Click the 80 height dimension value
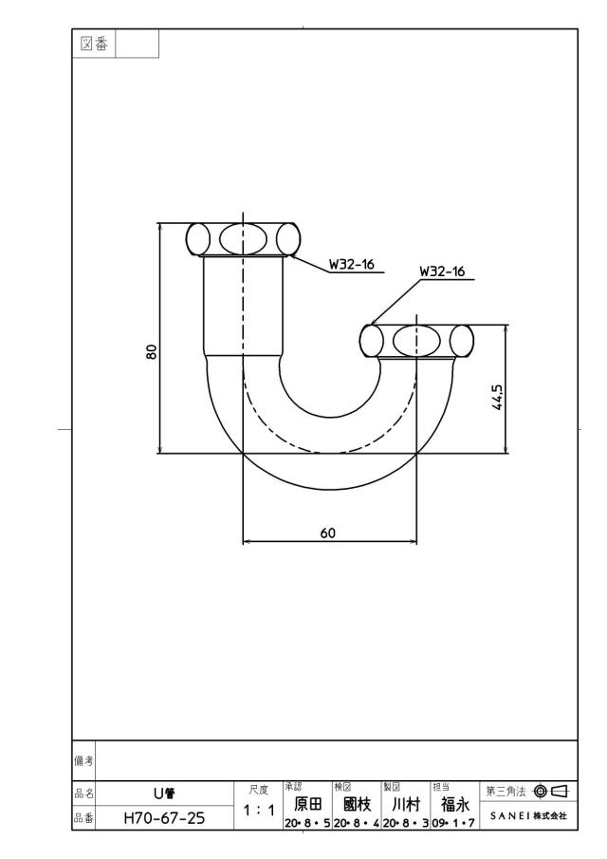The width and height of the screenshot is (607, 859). coord(152,351)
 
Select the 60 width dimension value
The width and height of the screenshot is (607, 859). coord(328,532)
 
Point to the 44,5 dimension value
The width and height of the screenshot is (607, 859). coord(498,396)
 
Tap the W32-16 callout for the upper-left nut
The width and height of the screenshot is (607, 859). coord(351,264)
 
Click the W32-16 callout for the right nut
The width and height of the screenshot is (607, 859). coord(442,271)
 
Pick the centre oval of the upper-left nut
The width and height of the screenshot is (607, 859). coord(243,237)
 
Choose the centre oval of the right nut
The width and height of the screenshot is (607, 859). coord(416,340)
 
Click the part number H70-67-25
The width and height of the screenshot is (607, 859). coord(164,818)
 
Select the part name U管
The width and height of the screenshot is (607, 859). coord(164,794)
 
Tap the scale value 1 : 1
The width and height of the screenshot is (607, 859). coord(259,810)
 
